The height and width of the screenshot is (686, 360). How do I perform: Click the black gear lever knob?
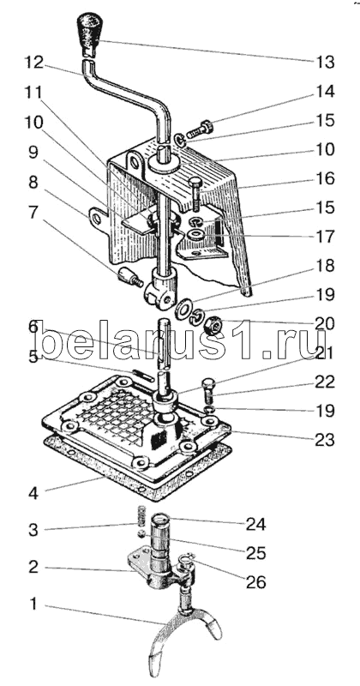click(x=90, y=34)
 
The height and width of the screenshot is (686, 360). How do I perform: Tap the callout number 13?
click(x=325, y=62)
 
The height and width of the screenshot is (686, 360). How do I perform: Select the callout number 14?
click(x=326, y=92)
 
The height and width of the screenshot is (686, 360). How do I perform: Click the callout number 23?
click(x=325, y=439)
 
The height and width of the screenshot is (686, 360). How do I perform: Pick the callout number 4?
click(x=33, y=493)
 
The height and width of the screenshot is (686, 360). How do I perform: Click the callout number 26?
click(x=256, y=582)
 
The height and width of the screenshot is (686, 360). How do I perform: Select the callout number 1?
click(x=34, y=605)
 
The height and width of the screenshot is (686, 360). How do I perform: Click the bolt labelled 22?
click(x=208, y=391)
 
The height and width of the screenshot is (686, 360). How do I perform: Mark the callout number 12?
click(x=33, y=63)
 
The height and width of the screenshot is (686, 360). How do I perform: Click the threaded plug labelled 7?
click(x=130, y=278)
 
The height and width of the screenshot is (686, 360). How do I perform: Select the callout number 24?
click(x=255, y=524)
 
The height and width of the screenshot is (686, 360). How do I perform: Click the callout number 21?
click(x=325, y=352)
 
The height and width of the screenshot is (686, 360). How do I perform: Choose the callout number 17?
click(x=325, y=237)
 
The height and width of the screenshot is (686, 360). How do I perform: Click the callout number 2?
click(x=33, y=568)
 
